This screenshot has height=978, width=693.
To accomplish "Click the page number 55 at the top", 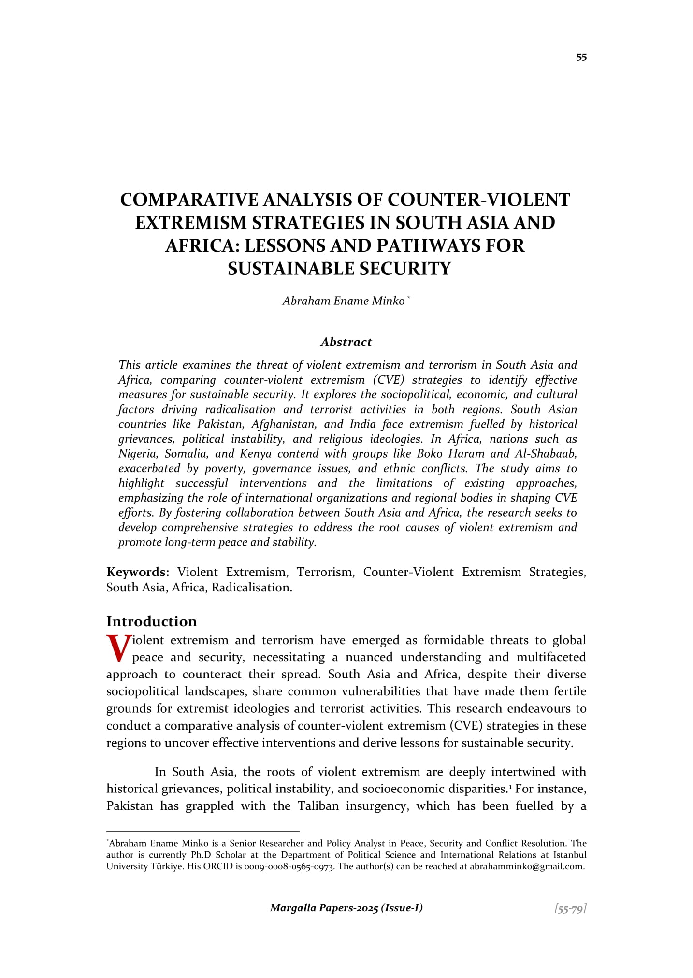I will pos(581,58).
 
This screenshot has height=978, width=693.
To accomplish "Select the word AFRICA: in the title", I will pos(202,246).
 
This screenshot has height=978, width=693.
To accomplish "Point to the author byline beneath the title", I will pos(344,301).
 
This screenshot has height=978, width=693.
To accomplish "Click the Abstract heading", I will pos(346,342).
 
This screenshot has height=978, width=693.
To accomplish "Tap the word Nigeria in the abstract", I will pos(137,454).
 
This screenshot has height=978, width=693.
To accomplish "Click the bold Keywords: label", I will pos(138,572).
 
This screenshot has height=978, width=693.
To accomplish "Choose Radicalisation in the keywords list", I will pos(251,588).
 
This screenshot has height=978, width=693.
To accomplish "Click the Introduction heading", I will pos(152,621).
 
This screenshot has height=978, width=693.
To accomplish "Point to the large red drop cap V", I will pos(118,648).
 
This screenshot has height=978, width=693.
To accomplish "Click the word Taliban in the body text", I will pos(318,806).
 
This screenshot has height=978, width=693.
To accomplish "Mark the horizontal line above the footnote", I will pos(203,831).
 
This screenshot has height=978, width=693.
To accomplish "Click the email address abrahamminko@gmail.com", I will pos(527,866).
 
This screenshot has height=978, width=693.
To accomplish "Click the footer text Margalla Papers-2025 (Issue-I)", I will pos(346,908).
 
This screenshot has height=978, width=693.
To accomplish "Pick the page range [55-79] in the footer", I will pos(570,909).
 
